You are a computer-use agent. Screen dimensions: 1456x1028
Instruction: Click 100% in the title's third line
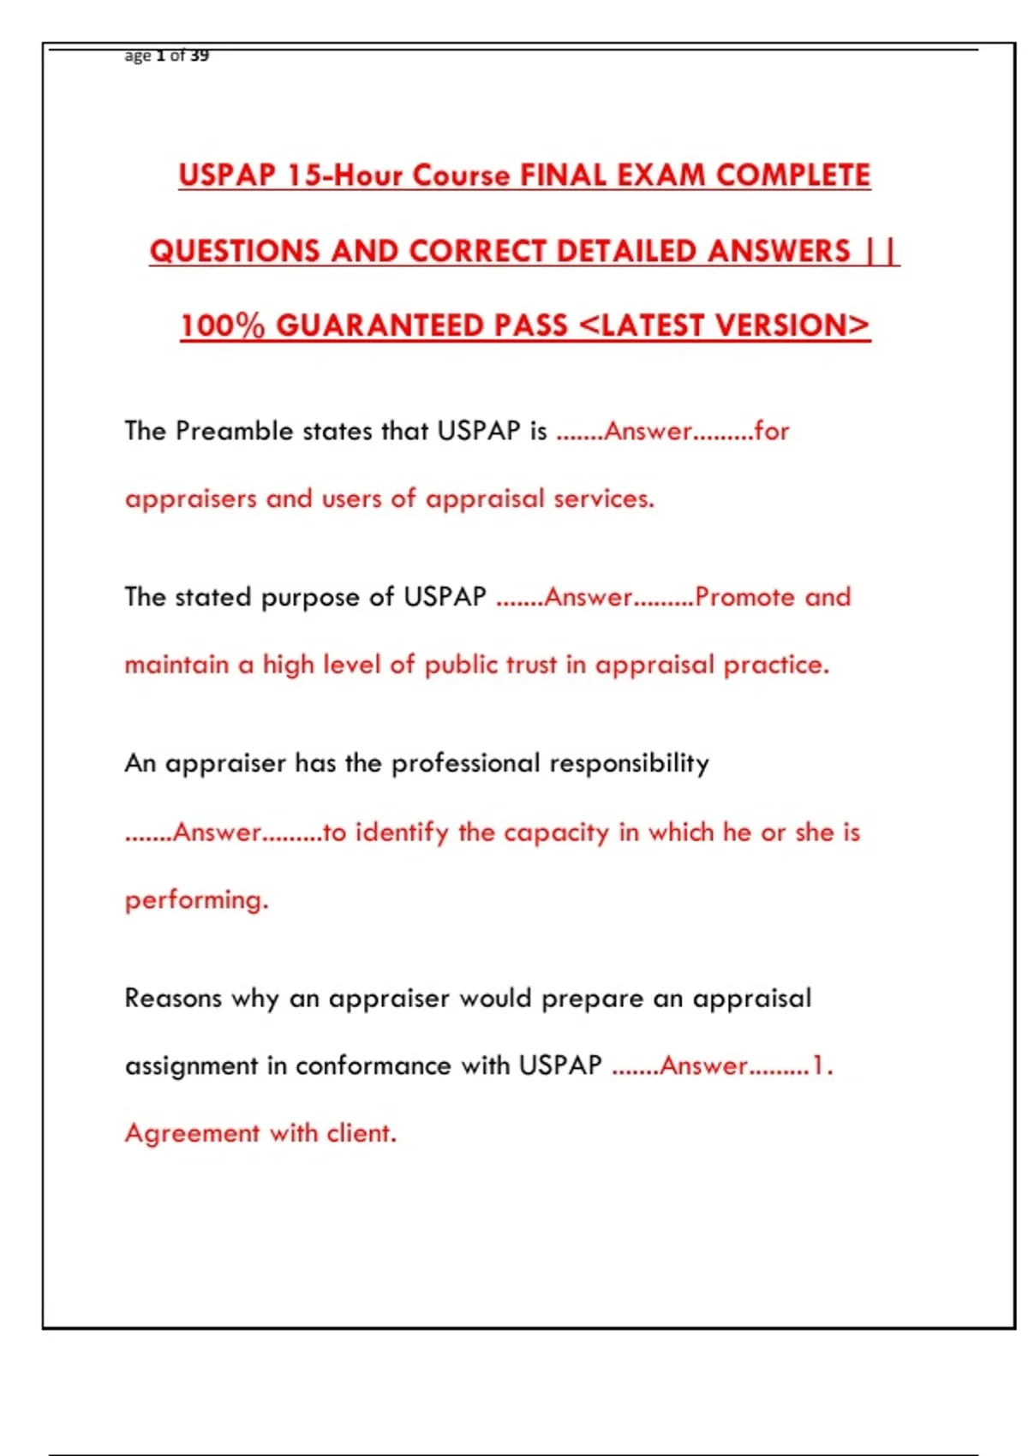tap(223, 325)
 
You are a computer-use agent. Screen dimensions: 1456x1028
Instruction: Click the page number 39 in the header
tap(200, 56)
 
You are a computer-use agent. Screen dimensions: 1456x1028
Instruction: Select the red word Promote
tap(745, 596)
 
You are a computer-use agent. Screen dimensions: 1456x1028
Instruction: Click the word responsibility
tap(629, 763)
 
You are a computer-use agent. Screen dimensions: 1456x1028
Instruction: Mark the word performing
tap(196, 900)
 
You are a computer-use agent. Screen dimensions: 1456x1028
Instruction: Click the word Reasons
tap(173, 998)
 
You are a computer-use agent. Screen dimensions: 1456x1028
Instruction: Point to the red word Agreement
tap(192, 1133)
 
